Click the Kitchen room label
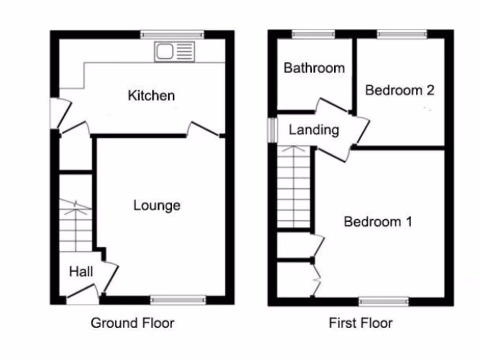tap(151, 96)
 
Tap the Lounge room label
tap(157, 205)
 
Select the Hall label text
tap(81, 271)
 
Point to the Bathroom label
tap(314, 68)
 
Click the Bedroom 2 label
tap(399, 90)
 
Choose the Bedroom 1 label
tap(378, 221)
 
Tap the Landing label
tap(314, 130)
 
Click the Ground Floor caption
tap(132, 323)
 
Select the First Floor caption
tap(360, 323)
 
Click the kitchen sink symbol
tap(174, 52)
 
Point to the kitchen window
tap(172, 34)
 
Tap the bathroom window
tap(314, 34)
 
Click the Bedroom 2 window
tap(402, 34)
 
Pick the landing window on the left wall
tap(272, 129)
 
